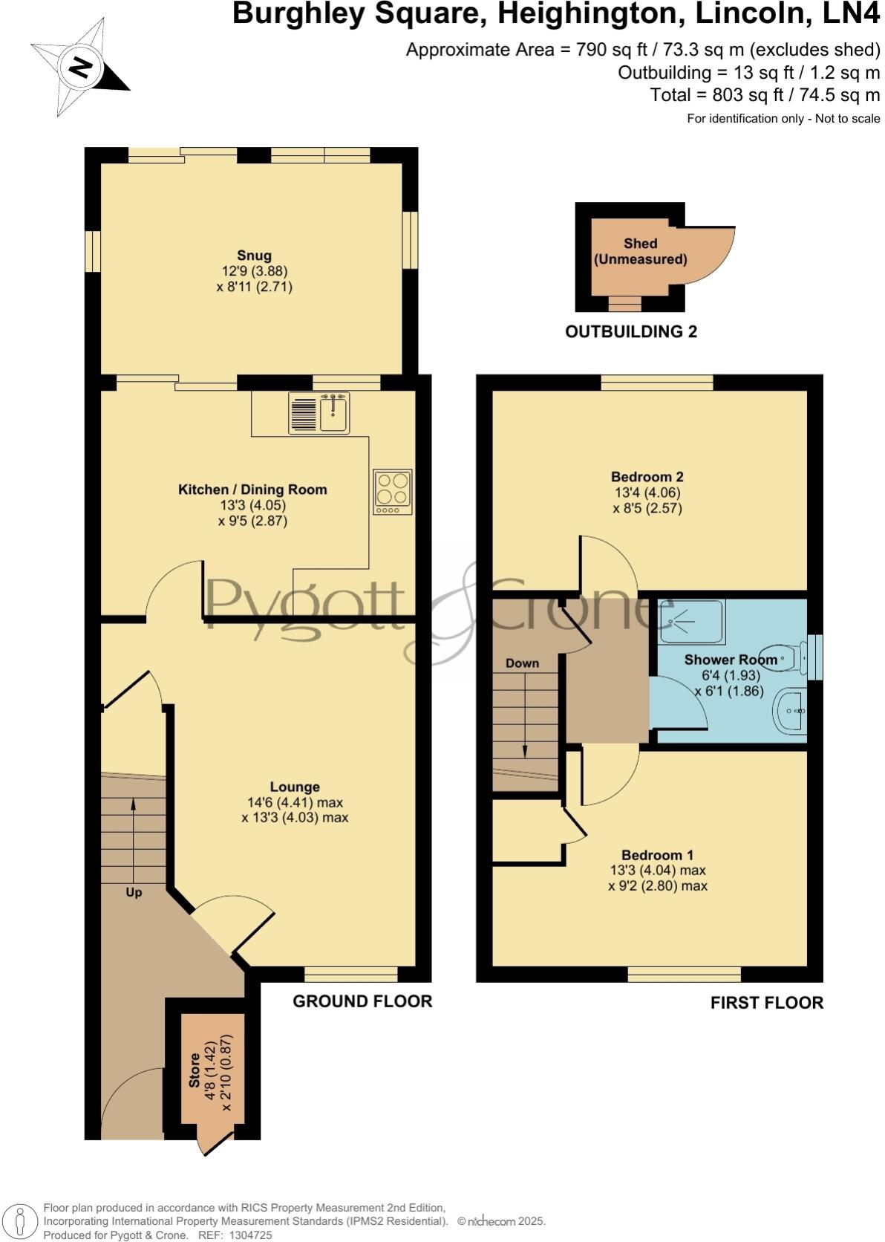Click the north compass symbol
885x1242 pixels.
[79, 68]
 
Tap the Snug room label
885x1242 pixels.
[254, 256]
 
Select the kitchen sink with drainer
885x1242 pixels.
[319, 413]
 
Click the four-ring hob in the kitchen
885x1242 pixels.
[393, 491]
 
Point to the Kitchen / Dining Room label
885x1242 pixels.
[252, 490]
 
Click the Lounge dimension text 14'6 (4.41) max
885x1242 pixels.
[295, 802]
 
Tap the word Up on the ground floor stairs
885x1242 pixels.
[134, 892]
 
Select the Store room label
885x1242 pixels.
[194, 1070]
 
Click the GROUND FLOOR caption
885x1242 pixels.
[362, 1001]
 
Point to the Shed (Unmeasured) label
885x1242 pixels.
[640, 251]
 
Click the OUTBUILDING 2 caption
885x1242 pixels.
[631, 331]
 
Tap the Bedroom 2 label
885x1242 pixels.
[647, 477]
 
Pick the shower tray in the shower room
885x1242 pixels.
[691, 621]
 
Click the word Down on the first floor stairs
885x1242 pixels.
[522, 663]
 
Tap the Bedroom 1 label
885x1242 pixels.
[657, 855]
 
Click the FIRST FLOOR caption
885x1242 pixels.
[767, 1003]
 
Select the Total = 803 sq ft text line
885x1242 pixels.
[765, 95]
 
